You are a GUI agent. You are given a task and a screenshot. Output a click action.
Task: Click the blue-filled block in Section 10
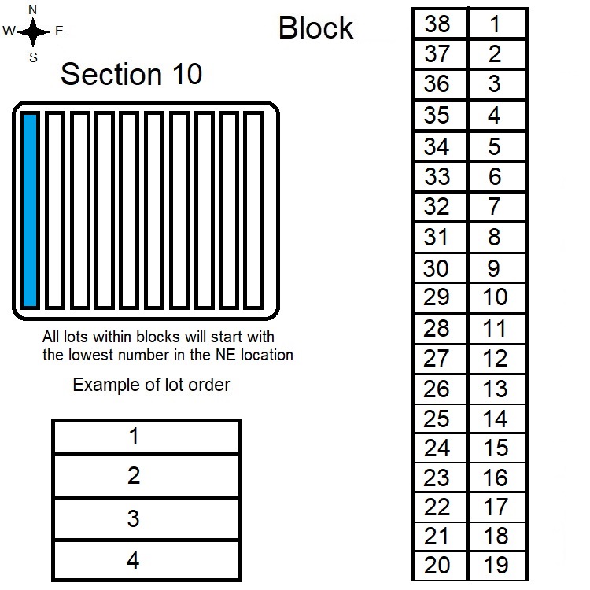point(30,210)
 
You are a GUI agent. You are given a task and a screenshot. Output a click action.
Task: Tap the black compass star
point(33,32)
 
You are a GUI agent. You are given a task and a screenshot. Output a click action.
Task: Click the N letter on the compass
point(33,9)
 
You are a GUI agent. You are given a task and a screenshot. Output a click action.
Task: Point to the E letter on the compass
point(59,31)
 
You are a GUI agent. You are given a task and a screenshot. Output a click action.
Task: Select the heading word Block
point(315,28)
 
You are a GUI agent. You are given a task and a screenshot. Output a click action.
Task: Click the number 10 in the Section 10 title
point(187,74)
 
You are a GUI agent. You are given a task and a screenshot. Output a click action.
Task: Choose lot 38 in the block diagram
point(441,24)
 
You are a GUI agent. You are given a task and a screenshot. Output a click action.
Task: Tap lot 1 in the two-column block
point(497,24)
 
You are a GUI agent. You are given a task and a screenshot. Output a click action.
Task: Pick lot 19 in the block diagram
point(497,566)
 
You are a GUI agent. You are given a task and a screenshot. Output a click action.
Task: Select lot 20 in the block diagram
point(441,566)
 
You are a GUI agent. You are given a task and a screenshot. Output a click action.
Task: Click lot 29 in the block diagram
point(441,297)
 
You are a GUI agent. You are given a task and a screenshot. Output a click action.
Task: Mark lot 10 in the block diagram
point(497,297)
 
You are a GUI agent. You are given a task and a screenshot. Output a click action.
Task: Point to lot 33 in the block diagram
point(441,176)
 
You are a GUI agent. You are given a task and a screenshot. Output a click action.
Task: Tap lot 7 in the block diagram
point(497,207)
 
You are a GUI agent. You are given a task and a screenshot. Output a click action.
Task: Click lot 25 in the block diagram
point(441,419)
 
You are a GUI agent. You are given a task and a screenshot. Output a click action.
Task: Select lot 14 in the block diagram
point(497,419)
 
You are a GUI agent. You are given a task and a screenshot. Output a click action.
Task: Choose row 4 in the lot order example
point(147,560)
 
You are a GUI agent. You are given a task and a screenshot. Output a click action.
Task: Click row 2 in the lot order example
point(147,476)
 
